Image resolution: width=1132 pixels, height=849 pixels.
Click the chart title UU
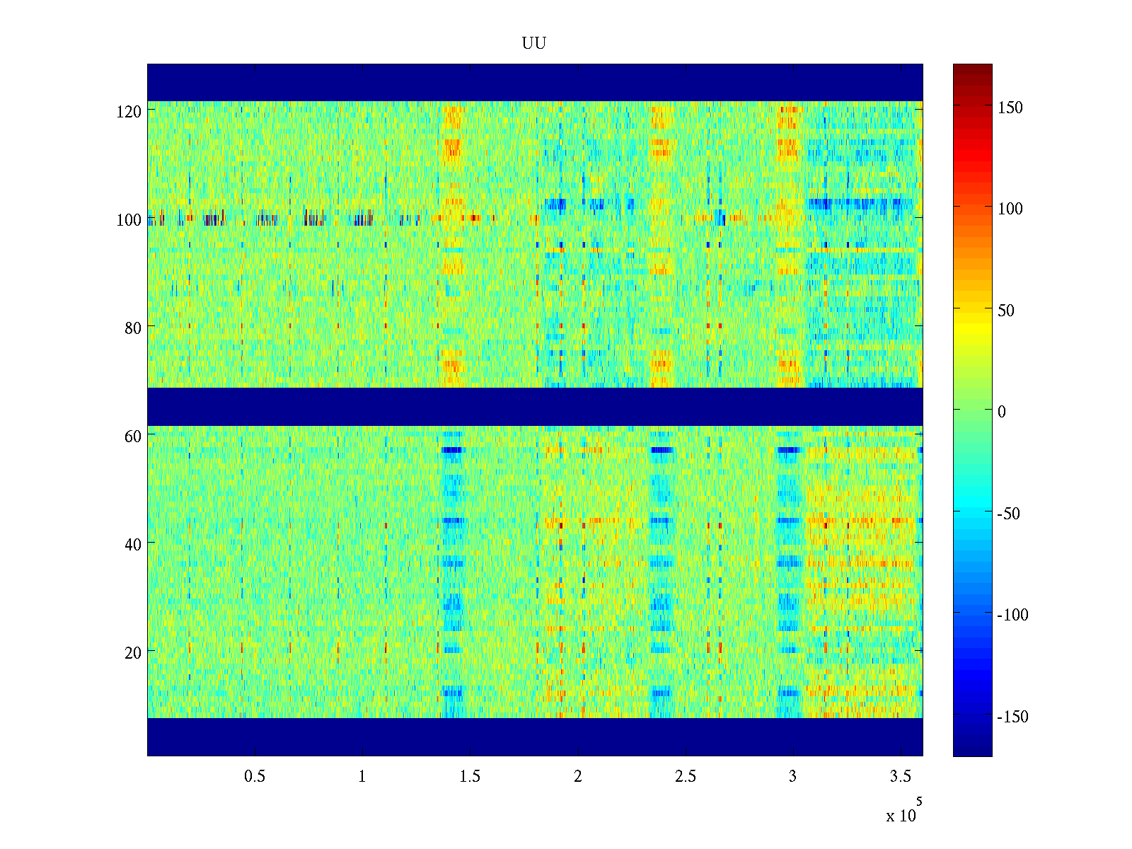point(533,44)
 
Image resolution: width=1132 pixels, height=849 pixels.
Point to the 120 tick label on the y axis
point(129,112)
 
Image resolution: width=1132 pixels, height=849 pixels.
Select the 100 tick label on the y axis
point(129,220)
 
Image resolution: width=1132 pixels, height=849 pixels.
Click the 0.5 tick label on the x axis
point(255,777)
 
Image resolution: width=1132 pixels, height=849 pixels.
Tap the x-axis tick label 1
point(362,777)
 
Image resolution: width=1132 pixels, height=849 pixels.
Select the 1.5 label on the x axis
point(470,777)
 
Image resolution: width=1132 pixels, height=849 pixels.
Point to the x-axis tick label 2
point(577,777)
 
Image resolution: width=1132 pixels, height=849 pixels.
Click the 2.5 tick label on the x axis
point(685,777)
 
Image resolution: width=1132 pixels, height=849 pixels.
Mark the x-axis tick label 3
point(792,777)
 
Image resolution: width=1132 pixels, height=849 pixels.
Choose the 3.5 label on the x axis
point(900,777)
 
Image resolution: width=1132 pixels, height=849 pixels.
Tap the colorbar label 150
point(1010,108)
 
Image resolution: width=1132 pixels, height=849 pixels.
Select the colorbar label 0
point(1001,412)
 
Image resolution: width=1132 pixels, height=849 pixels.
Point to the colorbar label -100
point(1012,615)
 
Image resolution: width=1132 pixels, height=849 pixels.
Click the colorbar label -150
point(1012,717)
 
